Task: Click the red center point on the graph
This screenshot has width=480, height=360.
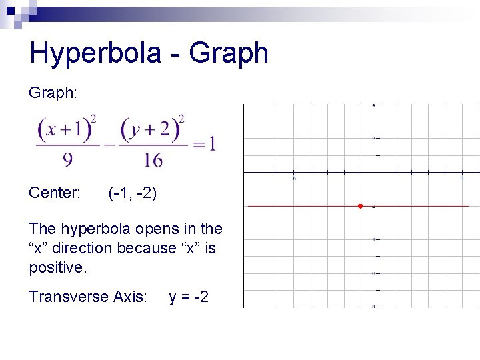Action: click(359, 206)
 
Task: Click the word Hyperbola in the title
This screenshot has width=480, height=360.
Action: click(95, 53)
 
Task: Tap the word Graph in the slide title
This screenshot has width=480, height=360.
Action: click(229, 53)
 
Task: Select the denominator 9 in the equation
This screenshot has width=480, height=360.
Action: click(68, 159)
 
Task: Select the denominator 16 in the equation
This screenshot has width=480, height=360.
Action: click(152, 159)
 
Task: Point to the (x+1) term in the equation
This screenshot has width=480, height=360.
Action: click(65, 129)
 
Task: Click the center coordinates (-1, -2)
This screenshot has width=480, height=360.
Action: click(132, 193)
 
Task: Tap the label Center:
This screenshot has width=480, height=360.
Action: click(55, 193)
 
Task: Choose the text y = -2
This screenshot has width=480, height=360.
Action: click(189, 297)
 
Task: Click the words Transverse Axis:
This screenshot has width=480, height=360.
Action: click(87, 297)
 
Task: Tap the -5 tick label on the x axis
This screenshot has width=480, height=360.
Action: click(293, 178)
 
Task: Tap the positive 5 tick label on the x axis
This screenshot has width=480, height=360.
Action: click(462, 178)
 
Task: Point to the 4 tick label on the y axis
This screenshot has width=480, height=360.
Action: click(374, 105)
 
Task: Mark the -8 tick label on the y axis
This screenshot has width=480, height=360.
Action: click(373, 307)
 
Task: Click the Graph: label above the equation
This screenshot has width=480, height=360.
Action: click(53, 93)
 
